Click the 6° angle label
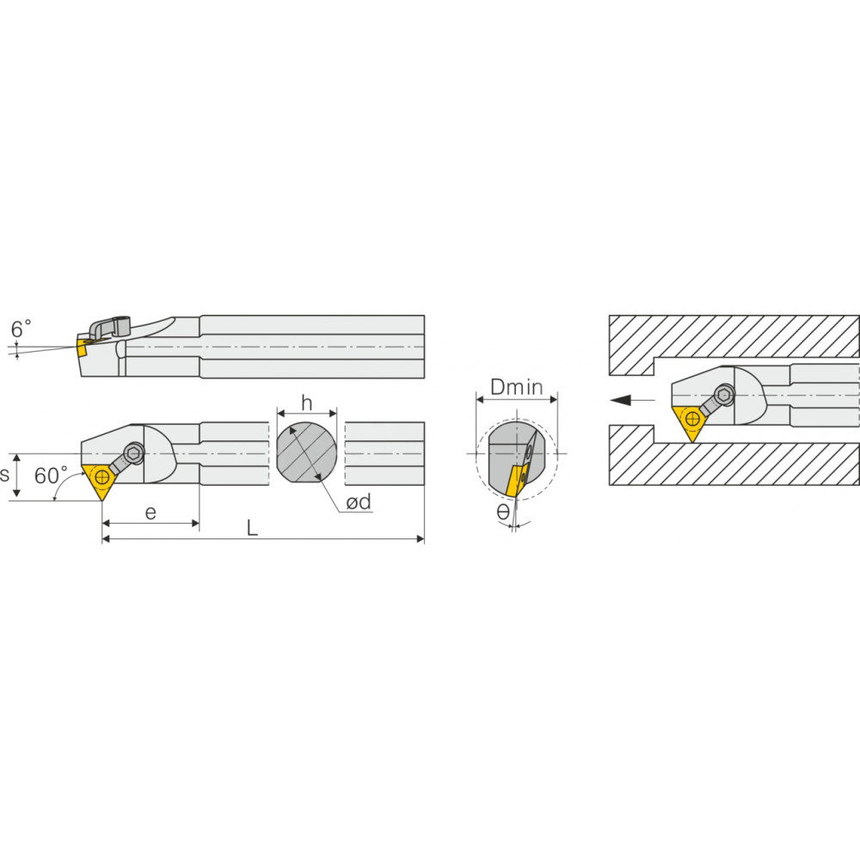click(x=21, y=329)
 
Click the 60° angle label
click(x=51, y=476)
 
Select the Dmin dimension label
click(x=517, y=387)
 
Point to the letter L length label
click(x=252, y=528)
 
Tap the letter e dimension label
click(x=150, y=513)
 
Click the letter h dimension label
click(x=307, y=403)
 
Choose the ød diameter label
click(x=359, y=502)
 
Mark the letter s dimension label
click(x=4, y=475)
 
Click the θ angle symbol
click(x=503, y=513)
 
